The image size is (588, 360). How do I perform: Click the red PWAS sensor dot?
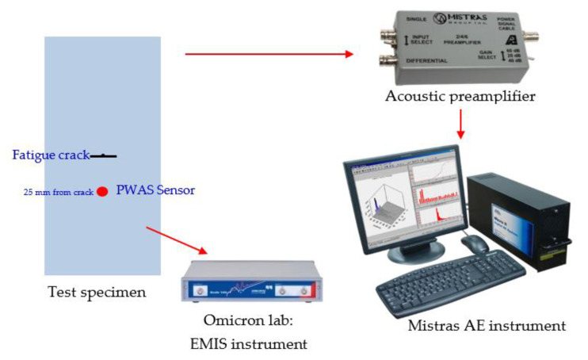(102, 191)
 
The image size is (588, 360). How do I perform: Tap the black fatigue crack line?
(104, 156)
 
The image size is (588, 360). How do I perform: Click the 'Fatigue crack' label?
(50, 155)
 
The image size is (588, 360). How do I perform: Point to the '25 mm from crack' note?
(59, 192)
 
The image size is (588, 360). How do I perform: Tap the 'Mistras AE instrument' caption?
(487, 325)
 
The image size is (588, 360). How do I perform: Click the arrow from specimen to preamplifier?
(269, 54)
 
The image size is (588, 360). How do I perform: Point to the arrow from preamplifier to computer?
(460, 124)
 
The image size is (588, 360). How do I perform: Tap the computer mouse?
(475, 243)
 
